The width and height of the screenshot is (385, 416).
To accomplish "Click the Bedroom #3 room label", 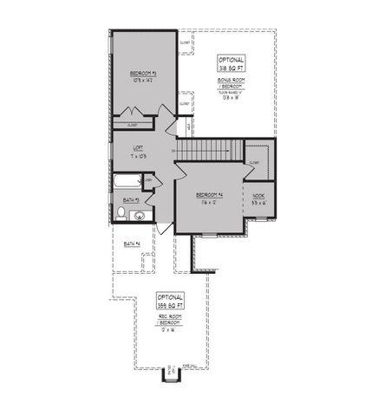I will pyautogui.click(x=142, y=72).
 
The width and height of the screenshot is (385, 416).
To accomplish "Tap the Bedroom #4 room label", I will pyautogui.click(x=209, y=194).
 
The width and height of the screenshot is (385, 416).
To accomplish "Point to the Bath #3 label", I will pyautogui.click(x=130, y=199).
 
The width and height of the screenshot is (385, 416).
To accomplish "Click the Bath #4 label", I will pyautogui.click(x=132, y=244).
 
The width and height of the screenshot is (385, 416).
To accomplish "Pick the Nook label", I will pyautogui.click(x=258, y=197).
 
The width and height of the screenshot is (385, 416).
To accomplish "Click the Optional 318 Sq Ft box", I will pyautogui.click(x=232, y=63).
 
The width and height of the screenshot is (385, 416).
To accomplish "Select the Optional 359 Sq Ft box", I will pyautogui.click(x=170, y=302).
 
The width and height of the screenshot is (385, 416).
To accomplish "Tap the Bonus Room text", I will pyautogui.click(x=231, y=79).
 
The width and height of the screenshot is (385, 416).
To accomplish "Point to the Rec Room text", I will pyautogui.click(x=169, y=317).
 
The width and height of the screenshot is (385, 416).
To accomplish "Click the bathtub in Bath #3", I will pyautogui.click(x=127, y=183).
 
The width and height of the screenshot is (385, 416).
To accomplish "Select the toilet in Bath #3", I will pyautogui.click(x=121, y=213).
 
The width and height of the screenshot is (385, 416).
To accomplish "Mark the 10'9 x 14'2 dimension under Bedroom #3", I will pyautogui.click(x=142, y=80).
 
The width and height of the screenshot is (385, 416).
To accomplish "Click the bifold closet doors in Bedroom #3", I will pyautogui.click(x=134, y=114).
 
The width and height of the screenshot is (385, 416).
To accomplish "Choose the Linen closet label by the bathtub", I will pyautogui.click(x=149, y=180).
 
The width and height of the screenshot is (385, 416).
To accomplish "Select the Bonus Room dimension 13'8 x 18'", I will pyautogui.click(x=231, y=98).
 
